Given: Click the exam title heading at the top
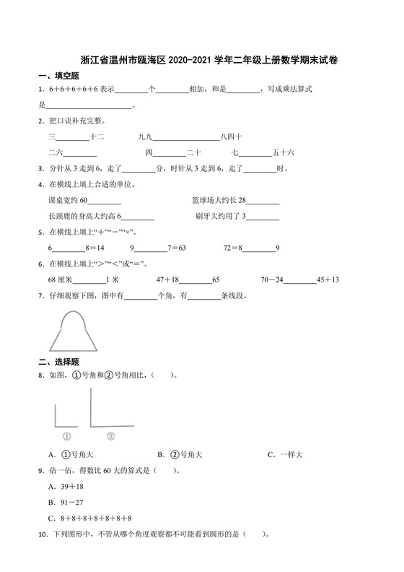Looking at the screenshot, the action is click(216, 63).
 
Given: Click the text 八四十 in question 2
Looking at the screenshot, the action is click(231, 136).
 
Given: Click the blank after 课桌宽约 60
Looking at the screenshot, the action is click(105, 201).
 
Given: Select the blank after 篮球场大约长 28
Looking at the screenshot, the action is click(263, 201).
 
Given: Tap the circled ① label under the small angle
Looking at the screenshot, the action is click(66, 435).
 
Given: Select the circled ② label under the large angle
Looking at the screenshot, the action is click(111, 435).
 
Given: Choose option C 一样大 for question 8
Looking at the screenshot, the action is click(284, 454).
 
